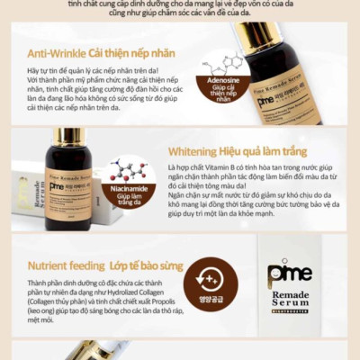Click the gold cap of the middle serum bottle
[x=69, y=136]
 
